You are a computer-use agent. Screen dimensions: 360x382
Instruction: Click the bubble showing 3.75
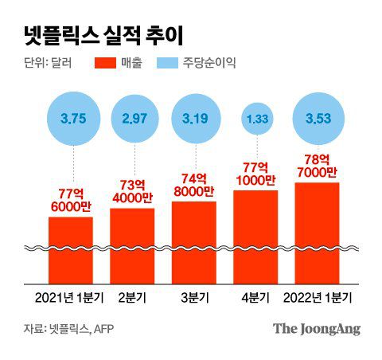pyautogui.click(x=72, y=119)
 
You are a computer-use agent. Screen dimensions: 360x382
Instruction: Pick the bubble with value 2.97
pyautogui.click(x=133, y=119)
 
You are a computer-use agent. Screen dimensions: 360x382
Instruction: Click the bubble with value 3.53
pyautogui.click(x=317, y=119)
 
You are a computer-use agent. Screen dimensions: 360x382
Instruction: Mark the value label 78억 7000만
pyautogui.click(x=317, y=165)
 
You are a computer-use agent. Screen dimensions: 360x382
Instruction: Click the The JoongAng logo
pyautogui.click(x=316, y=328)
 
